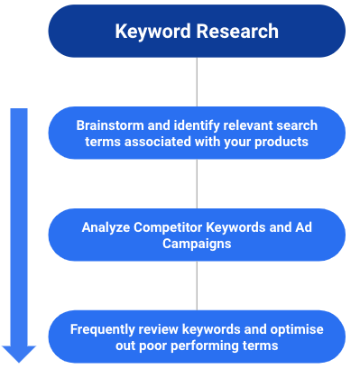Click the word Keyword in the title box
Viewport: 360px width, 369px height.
coord(149,32)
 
